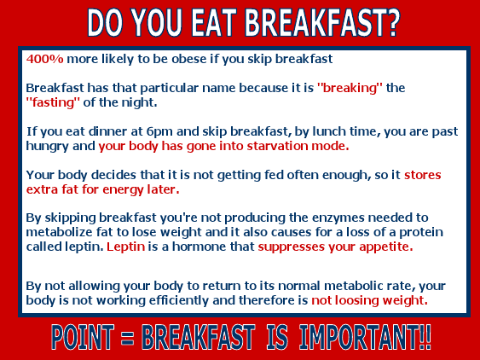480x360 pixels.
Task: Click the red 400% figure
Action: click(x=44, y=59)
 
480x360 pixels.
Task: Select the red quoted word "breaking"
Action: click(x=350, y=88)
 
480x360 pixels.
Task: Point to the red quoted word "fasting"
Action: click(x=53, y=102)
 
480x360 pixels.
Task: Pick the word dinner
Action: click(x=107, y=131)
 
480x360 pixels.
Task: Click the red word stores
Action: click(x=422, y=175)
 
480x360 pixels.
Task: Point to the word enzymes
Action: click(x=338, y=218)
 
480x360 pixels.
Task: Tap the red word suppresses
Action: click(x=291, y=247)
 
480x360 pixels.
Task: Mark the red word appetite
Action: click(x=386, y=247)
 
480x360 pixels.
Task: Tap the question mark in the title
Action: click(x=392, y=22)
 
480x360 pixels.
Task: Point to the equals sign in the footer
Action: click(x=126, y=337)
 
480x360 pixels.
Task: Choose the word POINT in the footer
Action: click(x=82, y=337)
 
